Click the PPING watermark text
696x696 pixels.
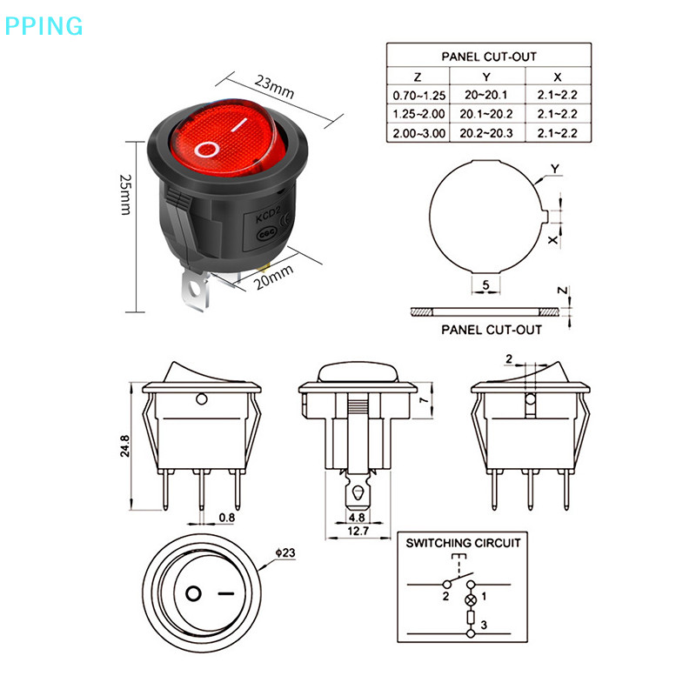[x=43, y=25]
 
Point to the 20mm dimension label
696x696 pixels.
[x=274, y=279]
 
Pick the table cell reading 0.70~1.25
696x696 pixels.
[x=418, y=95]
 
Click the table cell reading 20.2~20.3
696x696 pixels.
[x=488, y=133]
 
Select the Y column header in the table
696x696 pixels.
[x=487, y=77]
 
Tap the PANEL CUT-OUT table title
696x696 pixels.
[x=488, y=56]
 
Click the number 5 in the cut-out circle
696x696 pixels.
[x=485, y=285]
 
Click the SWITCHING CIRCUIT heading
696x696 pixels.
[x=463, y=543]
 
